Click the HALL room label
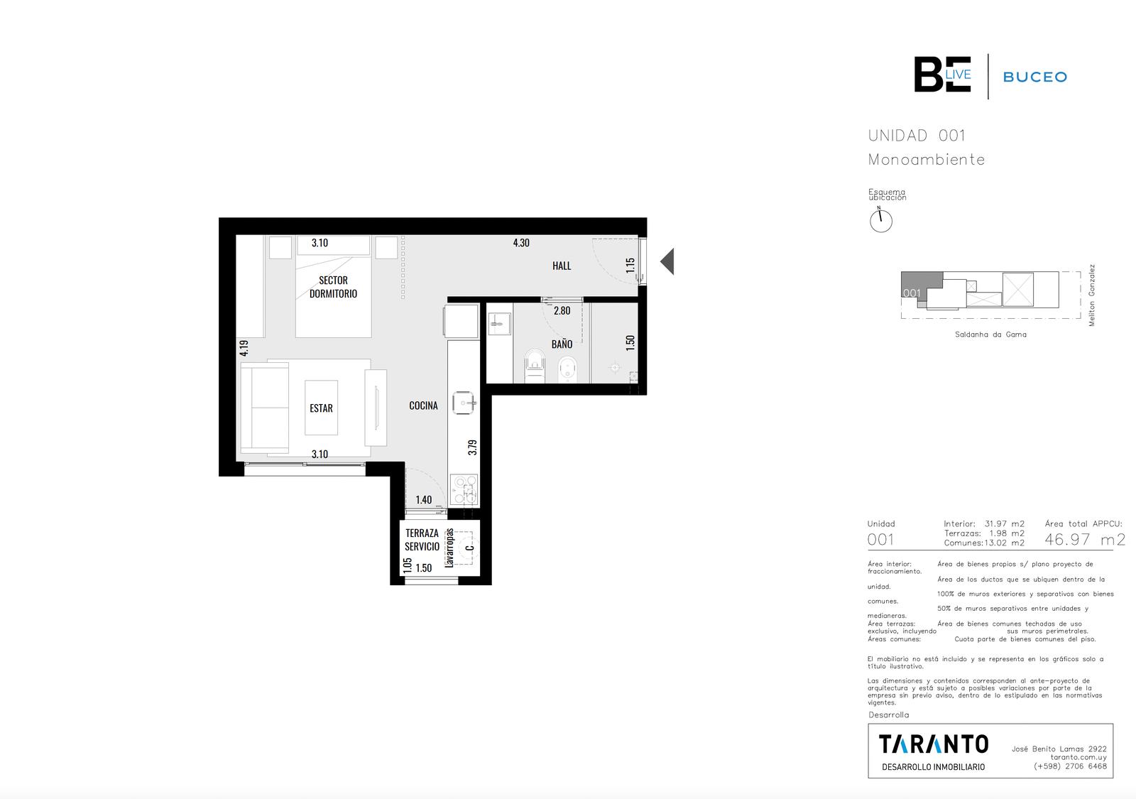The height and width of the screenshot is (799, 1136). [562, 266]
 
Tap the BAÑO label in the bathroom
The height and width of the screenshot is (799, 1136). [562, 344]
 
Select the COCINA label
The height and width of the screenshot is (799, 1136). [423, 406]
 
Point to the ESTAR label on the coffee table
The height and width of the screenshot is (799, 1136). [321, 408]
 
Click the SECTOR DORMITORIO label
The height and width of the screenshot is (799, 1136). [333, 287]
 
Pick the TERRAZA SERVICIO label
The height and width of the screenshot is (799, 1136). [422, 540]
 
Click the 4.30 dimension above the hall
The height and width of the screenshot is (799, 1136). [521, 243]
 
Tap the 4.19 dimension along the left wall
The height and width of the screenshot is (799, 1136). [244, 348]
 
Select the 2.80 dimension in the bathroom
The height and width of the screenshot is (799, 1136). [562, 310]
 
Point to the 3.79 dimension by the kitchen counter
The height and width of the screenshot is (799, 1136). [472, 447]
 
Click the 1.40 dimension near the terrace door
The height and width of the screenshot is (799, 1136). [423, 500]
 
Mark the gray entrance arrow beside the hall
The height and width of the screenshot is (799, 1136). [667, 261]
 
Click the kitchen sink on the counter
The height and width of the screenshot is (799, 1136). [464, 403]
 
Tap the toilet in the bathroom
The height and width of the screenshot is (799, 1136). [534, 365]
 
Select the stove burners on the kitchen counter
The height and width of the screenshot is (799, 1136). [464, 489]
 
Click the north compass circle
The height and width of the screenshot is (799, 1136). [881, 221]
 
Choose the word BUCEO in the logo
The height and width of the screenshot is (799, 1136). [1035, 77]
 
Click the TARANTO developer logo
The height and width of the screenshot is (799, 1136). [934, 745]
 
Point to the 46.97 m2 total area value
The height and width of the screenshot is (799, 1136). [1085, 539]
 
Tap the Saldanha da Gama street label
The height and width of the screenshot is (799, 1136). [990, 335]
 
